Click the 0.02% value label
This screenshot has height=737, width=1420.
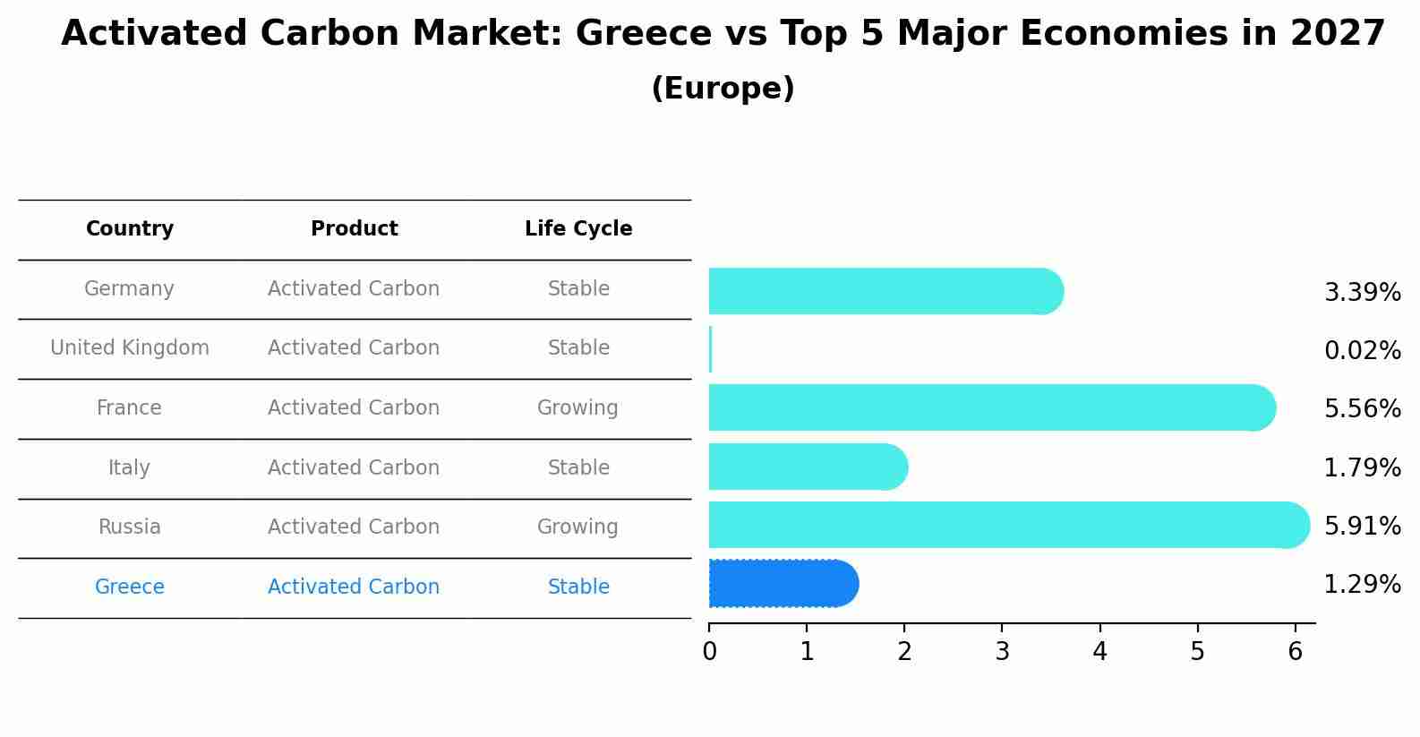tap(1362, 351)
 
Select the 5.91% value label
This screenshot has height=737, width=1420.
tap(1362, 526)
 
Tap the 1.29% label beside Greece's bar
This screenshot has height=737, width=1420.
tap(1362, 585)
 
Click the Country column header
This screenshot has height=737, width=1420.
tap(130, 229)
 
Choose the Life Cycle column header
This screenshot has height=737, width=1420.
tap(578, 229)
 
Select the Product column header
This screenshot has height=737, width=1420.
tap(354, 229)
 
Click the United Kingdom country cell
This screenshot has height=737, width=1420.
tap(130, 348)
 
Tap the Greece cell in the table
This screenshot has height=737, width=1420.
tap(130, 587)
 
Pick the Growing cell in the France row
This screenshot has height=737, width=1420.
tap(577, 408)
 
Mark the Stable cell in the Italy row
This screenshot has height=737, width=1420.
tap(578, 468)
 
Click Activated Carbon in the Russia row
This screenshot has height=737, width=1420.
tap(354, 527)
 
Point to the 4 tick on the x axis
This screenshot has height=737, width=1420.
tap(1099, 652)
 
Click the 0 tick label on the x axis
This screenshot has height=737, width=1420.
tap(709, 652)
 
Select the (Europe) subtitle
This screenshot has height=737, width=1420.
tap(723, 89)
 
